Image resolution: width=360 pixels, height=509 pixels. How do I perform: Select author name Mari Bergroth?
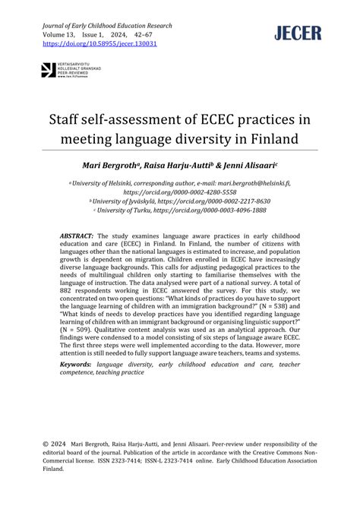pos(119,165)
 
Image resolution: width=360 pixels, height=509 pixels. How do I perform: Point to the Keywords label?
pos(81,363)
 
